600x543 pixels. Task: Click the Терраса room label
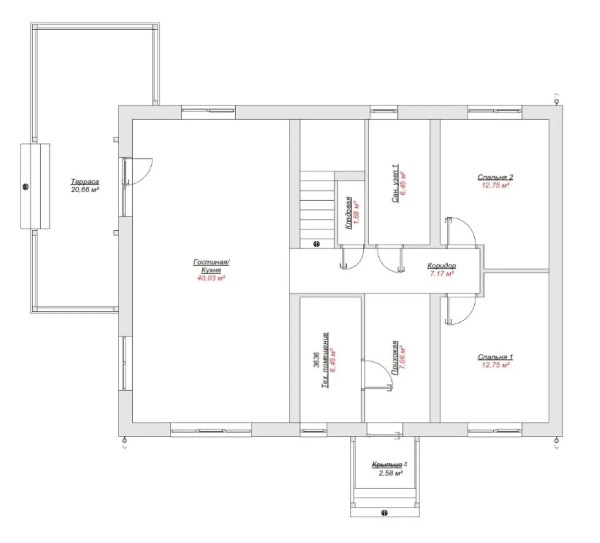coord(85,182)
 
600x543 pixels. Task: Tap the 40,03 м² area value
coord(211,278)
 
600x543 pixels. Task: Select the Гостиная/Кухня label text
coord(211,266)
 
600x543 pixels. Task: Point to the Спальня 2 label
coord(495,177)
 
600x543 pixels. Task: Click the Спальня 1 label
coord(495,357)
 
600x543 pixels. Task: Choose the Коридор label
coord(442,265)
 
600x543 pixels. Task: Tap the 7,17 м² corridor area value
coord(442,274)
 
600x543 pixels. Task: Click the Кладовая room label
coord(349,213)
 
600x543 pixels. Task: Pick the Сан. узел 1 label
coord(395,184)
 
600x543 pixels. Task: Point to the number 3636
coord(317,360)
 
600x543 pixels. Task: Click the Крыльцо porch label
coord(387,465)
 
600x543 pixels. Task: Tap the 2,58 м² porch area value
coord(390,473)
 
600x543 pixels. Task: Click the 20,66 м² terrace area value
coord(85,190)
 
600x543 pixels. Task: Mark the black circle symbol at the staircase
coord(317,244)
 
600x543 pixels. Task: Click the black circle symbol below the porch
coord(384,513)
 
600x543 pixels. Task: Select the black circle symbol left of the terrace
coord(26,187)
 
